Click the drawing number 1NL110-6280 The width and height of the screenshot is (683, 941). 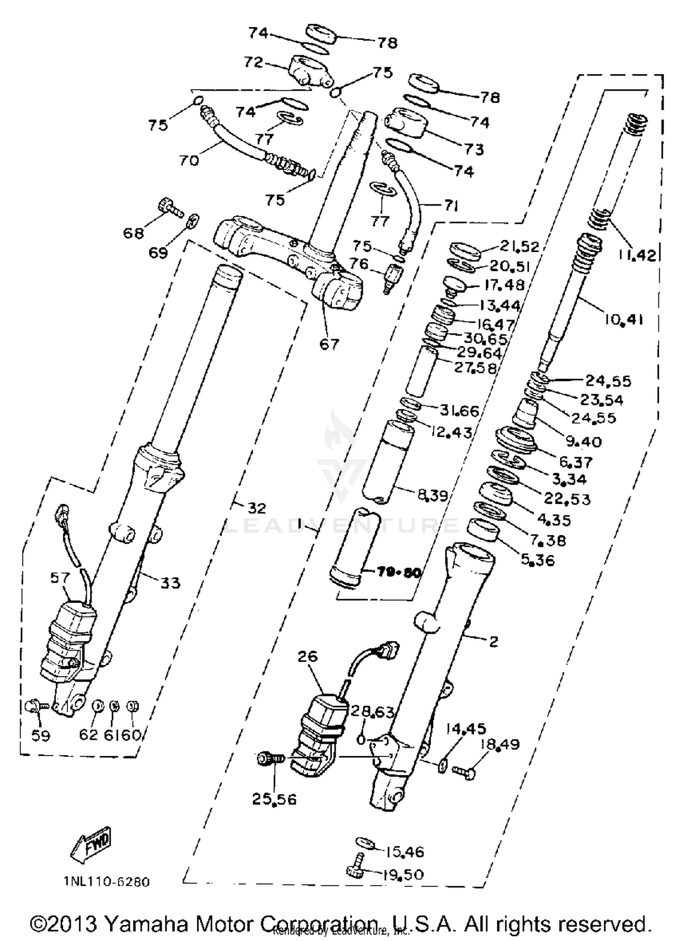pyautogui.click(x=106, y=881)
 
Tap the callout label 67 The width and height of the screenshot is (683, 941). pyautogui.click(x=329, y=344)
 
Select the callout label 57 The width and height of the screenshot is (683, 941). pyautogui.click(x=60, y=577)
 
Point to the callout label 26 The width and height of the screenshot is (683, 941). pyautogui.click(x=308, y=657)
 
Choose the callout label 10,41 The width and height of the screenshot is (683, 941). pyautogui.click(x=623, y=320)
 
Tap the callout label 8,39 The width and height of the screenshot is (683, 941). pyautogui.click(x=433, y=495)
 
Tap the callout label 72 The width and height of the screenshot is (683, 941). pyautogui.click(x=254, y=62)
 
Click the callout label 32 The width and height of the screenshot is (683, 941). pyautogui.click(x=256, y=507)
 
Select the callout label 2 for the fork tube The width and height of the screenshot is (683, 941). pyautogui.click(x=493, y=642)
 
